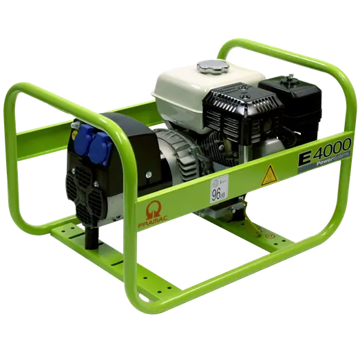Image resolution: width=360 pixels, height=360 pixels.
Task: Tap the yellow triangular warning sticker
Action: [268, 175]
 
